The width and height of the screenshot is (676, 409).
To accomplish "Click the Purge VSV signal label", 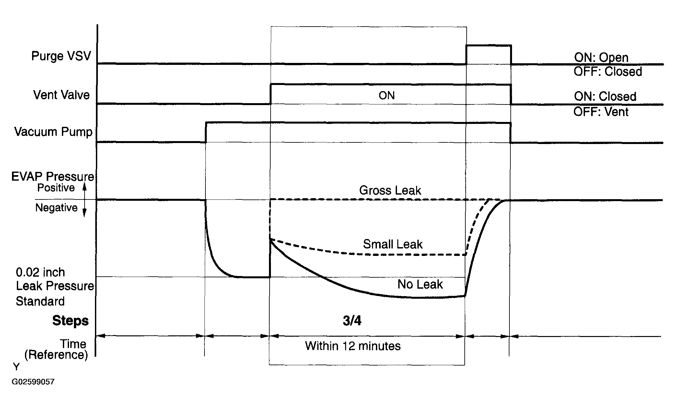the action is [61, 56].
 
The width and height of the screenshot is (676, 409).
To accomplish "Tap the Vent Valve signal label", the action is [62, 95].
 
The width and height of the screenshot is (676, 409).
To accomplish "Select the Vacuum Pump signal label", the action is [53, 132].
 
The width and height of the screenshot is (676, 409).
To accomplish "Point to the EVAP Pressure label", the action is [52, 176].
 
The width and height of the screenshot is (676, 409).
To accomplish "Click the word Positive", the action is [56, 188].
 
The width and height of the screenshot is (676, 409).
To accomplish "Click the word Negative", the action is [56, 208].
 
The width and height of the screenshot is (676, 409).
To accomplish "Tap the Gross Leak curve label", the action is [390, 190].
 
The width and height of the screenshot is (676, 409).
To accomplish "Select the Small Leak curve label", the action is [393, 244].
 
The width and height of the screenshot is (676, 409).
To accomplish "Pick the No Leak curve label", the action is [420, 284].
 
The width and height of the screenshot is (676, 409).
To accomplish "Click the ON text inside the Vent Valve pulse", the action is [387, 96].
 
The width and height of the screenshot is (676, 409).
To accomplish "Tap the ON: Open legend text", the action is [601, 58].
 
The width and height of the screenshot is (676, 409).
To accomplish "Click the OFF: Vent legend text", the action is [601, 112].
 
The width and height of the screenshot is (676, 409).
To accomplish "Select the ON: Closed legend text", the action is [605, 97].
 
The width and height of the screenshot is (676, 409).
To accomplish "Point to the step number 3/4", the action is [352, 321].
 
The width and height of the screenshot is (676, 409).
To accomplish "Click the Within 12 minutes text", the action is [353, 346].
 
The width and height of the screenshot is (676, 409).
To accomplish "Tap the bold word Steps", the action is [70, 321].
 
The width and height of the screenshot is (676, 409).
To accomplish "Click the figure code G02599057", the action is [33, 382].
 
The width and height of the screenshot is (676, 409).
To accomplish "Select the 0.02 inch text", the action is [40, 272].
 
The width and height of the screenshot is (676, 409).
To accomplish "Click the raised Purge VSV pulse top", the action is [488, 45].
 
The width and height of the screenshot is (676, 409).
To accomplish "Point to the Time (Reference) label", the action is [56, 349].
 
